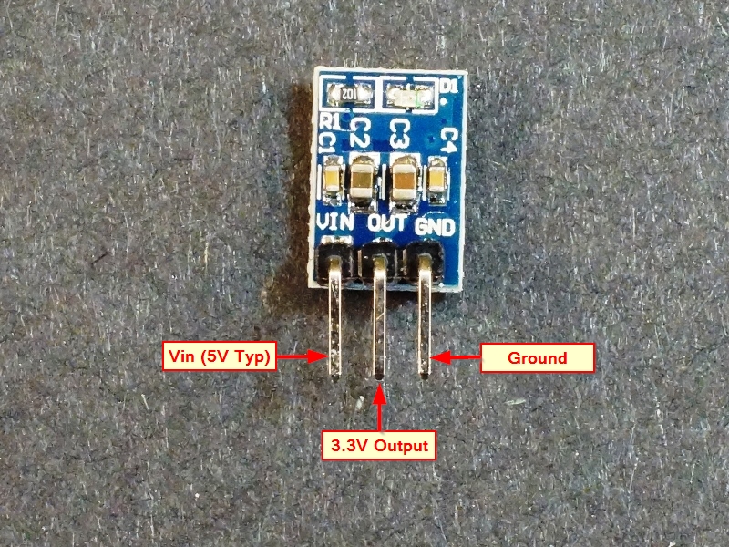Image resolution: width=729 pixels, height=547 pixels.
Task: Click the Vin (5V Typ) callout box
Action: coord(219,356)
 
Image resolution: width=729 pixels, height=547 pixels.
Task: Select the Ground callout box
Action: coord(537,357)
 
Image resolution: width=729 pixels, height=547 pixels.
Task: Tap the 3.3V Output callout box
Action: coord(379,445)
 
